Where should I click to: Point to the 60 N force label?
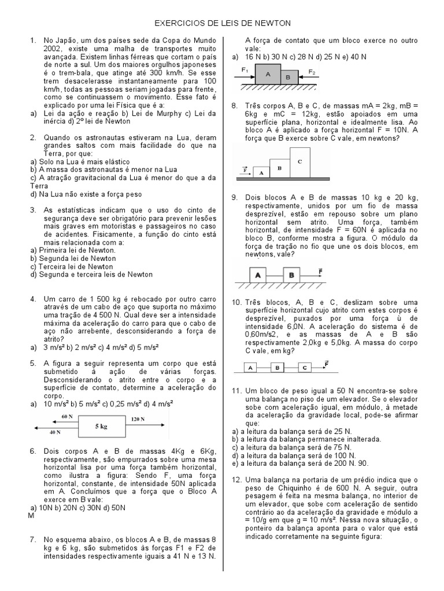[x=67, y=416]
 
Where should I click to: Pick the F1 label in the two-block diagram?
[x=245, y=71]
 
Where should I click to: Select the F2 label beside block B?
[x=312, y=73]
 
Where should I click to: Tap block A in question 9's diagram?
[x=258, y=275]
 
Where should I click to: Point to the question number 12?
[x=236, y=480]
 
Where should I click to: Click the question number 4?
[x=34, y=299]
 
